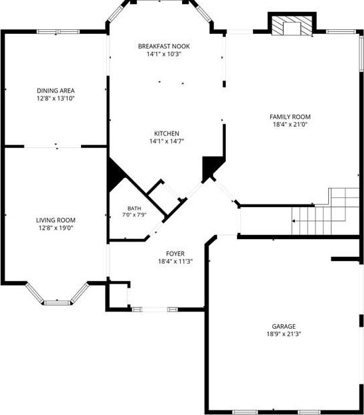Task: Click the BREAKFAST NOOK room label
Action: [x=164, y=46]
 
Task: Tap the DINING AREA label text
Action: [x=56, y=90]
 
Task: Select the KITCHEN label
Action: [x=167, y=133]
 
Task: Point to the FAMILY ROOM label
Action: [x=290, y=117]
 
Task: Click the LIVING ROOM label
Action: [x=56, y=220]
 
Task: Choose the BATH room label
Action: [x=134, y=208]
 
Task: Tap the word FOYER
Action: [x=175, y=254]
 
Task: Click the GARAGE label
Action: [x=284, y=326]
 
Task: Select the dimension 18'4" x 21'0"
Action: [x=290, y=124]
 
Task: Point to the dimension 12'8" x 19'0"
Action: [x=56, y=228]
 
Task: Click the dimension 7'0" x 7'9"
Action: [x=134, y=215]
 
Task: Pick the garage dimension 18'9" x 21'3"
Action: [x=284, y=334]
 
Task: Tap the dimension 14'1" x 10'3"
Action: [x=164, y=54]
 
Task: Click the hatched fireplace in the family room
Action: [x=292, y=26]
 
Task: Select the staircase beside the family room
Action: [x=325, y=211]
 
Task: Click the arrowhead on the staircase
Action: [x=294, y=220]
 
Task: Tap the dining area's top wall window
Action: [x=58, y=32]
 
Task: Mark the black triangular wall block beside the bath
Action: [x=115, y=175]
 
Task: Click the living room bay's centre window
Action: [x=57, y=303]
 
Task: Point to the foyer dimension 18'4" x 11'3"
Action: [x=175, y=262]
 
